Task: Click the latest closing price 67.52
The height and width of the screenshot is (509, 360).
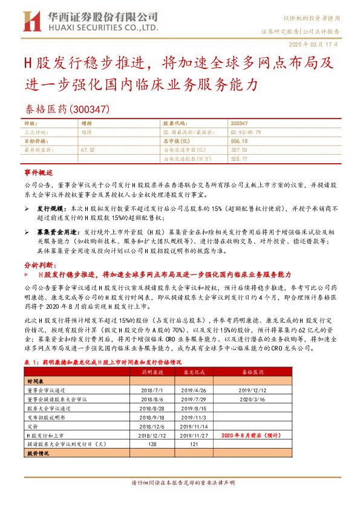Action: tap(88, 149)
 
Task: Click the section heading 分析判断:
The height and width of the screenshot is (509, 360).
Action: tap(41, 248)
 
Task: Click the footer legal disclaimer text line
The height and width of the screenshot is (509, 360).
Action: tap(179, 484)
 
